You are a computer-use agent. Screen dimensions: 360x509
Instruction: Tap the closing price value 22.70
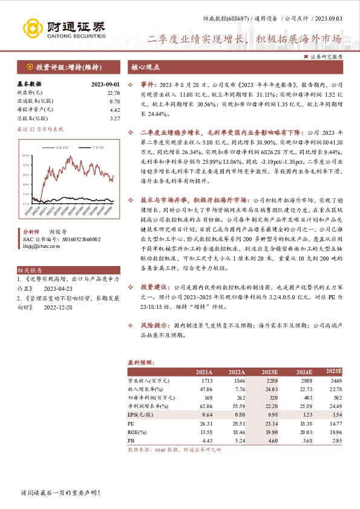point(114,92)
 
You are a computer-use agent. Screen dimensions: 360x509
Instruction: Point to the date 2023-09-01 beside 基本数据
point(105,85)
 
